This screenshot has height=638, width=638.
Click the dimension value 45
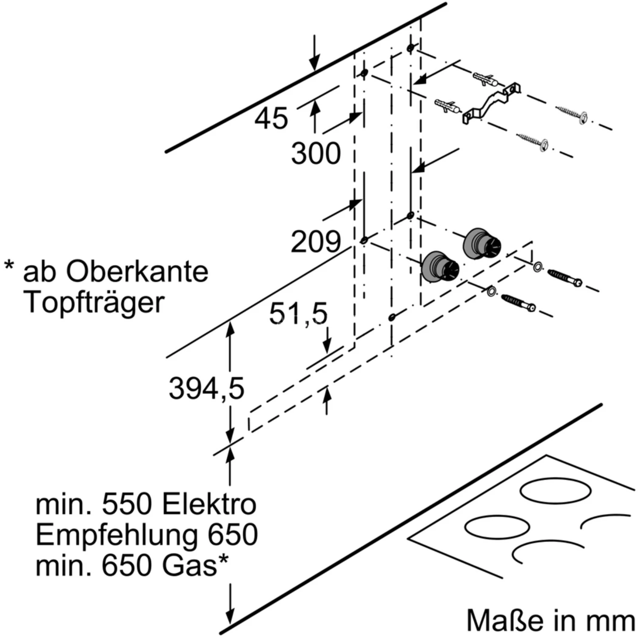(271, 118)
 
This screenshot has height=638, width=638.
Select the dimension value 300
(316, 153)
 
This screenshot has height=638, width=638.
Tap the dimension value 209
(316, 242)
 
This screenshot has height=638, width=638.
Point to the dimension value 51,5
(298, 314)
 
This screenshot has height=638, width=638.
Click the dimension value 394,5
(207, 388)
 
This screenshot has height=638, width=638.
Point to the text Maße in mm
(551, 620)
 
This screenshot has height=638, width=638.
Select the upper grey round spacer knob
(482, 243)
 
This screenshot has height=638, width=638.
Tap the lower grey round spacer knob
(440, 267)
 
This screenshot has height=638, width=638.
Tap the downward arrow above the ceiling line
(314, 52)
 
